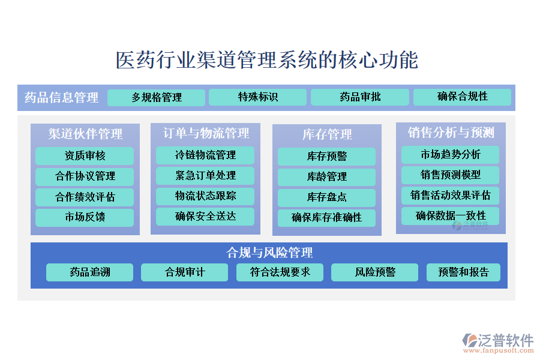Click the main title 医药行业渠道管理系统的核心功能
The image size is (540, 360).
[x=267, y=60]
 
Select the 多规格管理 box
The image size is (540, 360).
[x=157, y=97]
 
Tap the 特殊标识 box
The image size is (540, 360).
[x=257, y=97]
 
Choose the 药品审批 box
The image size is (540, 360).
[x=360, y=97]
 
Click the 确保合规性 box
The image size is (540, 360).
[x=462, y=97]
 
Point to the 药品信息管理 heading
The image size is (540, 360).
[x=61, y=97]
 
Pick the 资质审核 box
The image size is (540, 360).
[x=85, y=156]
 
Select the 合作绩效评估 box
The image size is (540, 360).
[x=85, y=197]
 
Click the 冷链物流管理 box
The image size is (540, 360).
[x=205, y=155]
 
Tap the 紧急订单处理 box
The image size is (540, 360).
[x=205, y=176]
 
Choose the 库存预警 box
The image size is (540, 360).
[x=326, y=157]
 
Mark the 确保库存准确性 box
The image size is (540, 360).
[x=326, y=218]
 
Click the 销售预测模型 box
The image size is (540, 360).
[x=450, y=175]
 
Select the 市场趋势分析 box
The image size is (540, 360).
[x=450, y=155]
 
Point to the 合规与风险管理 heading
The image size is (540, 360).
[x=269, y=253]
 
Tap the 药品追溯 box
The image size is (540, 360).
[x=89, y=272]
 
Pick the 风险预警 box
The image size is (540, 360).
[x=374, y=272]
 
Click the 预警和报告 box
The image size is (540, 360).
[x=463, y=272]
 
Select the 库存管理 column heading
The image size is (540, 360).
[x=327, y=134]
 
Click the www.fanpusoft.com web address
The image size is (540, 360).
[x=499, y=350]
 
